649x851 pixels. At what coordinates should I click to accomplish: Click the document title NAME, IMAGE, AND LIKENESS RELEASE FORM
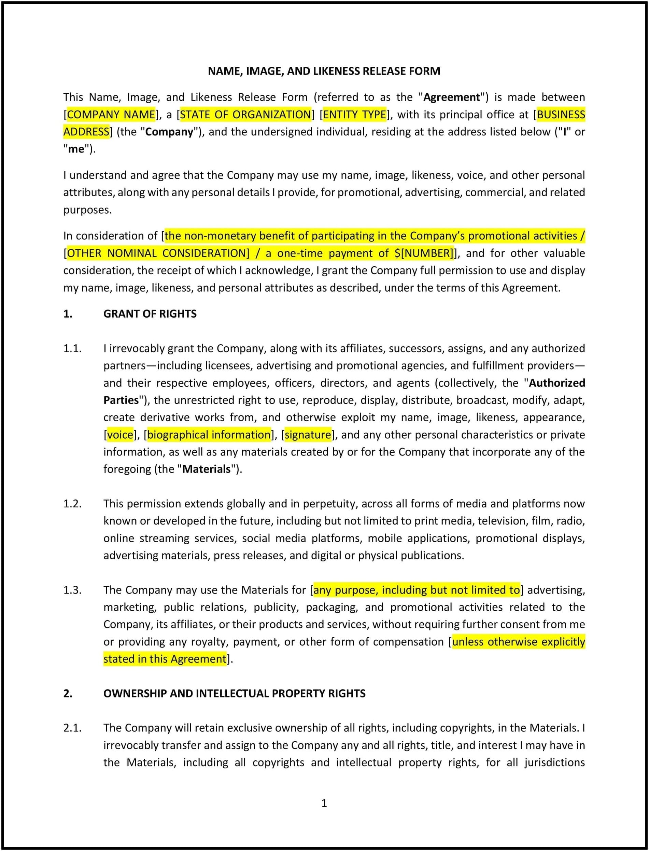[x=324, y=71]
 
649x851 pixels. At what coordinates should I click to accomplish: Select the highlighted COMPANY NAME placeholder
[x=111, y=115]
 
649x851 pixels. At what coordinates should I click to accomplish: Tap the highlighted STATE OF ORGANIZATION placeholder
[x=245, y=115]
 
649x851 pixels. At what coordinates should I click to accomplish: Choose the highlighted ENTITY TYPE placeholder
[x=354, y=115]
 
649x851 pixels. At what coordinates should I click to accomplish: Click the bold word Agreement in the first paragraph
[x=451, y=97]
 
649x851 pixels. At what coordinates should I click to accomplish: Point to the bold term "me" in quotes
[x=76, y=149]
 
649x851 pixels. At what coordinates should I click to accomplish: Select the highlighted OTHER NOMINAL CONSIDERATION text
[x=158, y=253]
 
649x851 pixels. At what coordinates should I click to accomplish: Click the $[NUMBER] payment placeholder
[x=423, y=253]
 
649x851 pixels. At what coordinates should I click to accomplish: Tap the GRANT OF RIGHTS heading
[x=150, y=314]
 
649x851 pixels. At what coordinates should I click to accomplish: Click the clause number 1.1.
[x=72, y=348]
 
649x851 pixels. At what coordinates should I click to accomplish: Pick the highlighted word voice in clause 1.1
[x=120, y=435]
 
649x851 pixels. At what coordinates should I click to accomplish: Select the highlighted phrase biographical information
[x=209, y=435]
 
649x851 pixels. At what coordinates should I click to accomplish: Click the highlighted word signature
[x=308, y=435]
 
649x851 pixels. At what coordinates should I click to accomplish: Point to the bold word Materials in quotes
[x=206, y=469]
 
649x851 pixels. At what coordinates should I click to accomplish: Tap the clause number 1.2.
[x=72, y=504]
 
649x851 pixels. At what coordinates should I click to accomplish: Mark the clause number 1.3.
[x=72, y=590]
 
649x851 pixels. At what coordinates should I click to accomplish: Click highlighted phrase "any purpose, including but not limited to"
[x=417, y=590]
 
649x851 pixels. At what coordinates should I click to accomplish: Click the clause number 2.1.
[x=72, y=728]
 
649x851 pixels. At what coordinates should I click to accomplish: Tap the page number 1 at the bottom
[x=324, y=803]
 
